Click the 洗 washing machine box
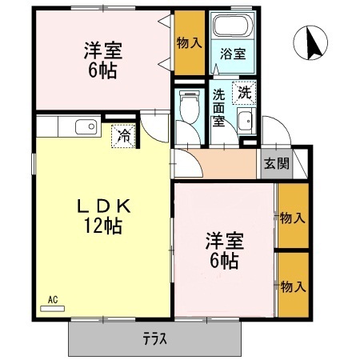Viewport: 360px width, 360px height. (243, 92)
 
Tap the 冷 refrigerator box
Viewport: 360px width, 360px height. (124, 136)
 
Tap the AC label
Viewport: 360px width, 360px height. (52, 300)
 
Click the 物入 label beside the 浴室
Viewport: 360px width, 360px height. (189, 43)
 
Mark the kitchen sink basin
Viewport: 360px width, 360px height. (85, 126)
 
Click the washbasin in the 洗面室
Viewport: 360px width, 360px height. (246, 122)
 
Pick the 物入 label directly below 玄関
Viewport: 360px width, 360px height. (292, 217)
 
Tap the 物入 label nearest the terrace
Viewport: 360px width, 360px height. (292, 285)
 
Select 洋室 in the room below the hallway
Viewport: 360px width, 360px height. (224, 240)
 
